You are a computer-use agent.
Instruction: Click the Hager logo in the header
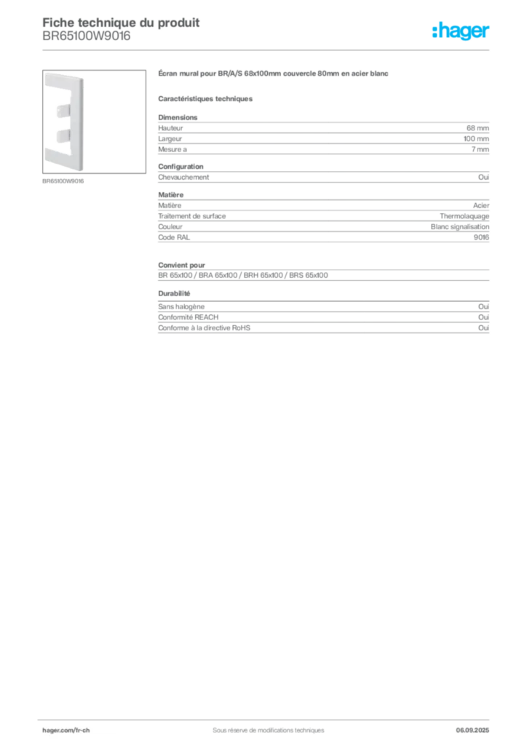(x=461, y=31)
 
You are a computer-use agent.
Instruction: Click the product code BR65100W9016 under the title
(x=87, y=36)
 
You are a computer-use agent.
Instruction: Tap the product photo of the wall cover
(x=94, y=121)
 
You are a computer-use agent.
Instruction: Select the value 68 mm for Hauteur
(x=478, y=128)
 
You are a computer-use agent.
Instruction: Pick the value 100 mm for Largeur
(x=476, y=139)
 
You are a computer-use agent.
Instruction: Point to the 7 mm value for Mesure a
(x=480, y=149)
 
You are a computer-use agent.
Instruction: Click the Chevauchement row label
(x=183, y=178)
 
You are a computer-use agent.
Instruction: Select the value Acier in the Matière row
(x=481, y=206)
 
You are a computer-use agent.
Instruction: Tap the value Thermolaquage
(x=464, y=216)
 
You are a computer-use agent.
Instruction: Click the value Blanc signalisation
(x=460, y=227)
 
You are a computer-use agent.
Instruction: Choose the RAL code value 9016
(x=481, y=238)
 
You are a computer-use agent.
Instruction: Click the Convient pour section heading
(x=181, y=265)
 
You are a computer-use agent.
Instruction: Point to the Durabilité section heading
(x=174, y=294)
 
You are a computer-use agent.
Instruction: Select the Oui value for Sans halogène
(x=484, y=307)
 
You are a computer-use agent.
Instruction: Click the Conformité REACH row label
(x=189, y=317)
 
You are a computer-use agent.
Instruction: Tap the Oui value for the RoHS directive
(x=484, y=328)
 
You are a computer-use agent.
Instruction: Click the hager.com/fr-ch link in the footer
(x=66, y=730)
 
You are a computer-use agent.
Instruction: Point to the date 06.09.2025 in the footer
(x=472, y=730)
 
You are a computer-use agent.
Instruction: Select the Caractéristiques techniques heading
(x=205, y=99)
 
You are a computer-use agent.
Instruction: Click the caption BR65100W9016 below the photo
(x=63, y=181)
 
